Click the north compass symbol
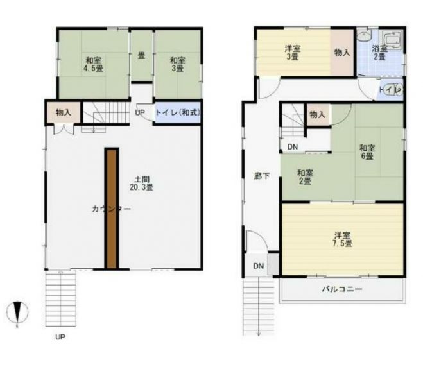coord(17,312)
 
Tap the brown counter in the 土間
coord(112,208)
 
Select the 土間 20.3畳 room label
coord(141,184)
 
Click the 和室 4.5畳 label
coord(93,64)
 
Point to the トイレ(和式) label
coord(178,112)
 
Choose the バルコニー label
coord(342,289)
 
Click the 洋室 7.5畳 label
coord(343,239)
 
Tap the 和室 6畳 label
coord(367,152)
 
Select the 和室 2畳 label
coord(305,176)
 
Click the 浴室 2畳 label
coord(379,53)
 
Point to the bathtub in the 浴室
coord(393,40)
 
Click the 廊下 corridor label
coord(262,176)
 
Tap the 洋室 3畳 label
coord(293,53)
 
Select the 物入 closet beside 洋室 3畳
coord(342,53)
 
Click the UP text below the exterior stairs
coord(60,337)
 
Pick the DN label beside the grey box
coord(259,266)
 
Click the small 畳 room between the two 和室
coord(141,56)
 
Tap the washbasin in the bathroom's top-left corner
coord(365,35)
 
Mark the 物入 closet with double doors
coord(64,112)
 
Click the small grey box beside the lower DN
coord(273,264)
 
